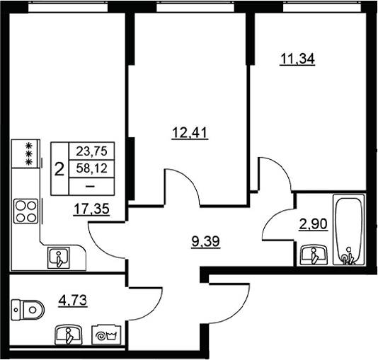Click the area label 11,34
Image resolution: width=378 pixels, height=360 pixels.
[297, 59]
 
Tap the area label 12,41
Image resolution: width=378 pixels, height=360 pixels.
[190, 133]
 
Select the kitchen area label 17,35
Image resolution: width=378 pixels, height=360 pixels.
[91, 209]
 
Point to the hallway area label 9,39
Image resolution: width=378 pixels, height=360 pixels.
[205, 242]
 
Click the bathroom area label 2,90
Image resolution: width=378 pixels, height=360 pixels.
[313, 224]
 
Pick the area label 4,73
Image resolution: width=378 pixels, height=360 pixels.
[73, 301]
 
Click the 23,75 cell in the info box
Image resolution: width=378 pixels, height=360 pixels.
[91, 151]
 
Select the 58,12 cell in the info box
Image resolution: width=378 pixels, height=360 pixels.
[91, 168]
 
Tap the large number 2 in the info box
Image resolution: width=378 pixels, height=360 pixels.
[59, 169]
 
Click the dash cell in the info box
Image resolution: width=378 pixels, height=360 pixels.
[91, 186]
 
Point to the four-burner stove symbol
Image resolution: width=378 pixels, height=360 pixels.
[25, 211]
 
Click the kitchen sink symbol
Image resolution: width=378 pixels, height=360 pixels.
[59, 257]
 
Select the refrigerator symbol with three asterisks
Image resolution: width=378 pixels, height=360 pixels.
[25, 153]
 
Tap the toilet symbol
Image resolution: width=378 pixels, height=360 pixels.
[28, 310]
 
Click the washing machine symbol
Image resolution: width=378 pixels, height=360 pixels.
[106, 335]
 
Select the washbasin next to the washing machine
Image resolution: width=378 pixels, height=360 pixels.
[69, 335]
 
